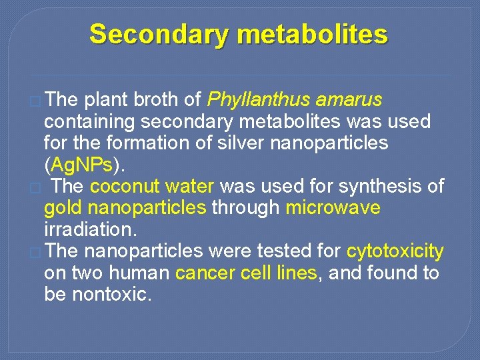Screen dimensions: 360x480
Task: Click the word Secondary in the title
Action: (x=159, y=33)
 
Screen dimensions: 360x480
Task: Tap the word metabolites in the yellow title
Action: (x=311, y=33)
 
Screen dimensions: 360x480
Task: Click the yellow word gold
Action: (x=63, y=208)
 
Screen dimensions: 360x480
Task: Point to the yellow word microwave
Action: (x=333, y=208)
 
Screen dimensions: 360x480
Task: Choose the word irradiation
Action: (x=90, y=229)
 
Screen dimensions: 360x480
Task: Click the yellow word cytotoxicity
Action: (x=395, y=251)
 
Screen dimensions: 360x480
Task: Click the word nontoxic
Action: (x=109, y=294)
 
